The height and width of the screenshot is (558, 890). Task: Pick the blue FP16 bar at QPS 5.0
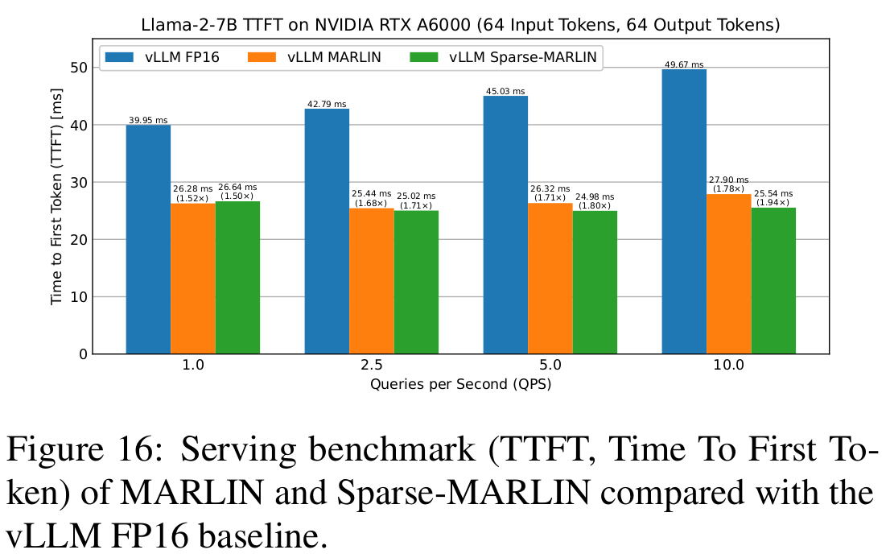[505, 225]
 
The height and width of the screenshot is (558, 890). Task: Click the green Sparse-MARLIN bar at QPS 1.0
[237, 277]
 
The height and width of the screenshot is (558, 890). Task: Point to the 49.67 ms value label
[684, 64]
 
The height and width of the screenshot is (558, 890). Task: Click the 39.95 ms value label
[148, 120]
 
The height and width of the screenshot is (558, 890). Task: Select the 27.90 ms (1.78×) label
[729, 184]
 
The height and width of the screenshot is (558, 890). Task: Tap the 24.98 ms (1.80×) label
[594, 200]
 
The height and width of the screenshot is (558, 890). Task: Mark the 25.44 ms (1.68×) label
[371, 198]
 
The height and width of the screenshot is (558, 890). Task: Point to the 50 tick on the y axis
[77, 68]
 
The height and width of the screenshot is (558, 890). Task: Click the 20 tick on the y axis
[77, 239]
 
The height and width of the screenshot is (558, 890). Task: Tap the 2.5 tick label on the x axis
[371, 366]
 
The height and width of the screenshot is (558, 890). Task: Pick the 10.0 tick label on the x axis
[728, 366]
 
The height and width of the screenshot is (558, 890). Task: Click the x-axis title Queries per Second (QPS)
[460, 385]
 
